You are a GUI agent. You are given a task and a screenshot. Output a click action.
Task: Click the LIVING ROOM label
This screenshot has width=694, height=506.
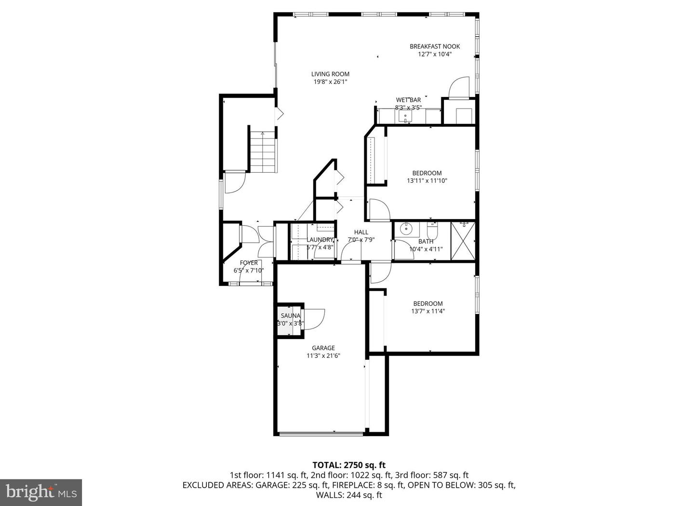(330, 74)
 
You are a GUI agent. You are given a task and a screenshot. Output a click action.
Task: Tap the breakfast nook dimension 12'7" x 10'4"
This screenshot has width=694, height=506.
(435, 55)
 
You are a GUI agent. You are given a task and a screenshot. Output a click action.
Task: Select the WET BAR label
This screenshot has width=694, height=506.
(408, 100)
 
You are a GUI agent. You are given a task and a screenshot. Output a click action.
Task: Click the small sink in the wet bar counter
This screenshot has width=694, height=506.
(405, 116)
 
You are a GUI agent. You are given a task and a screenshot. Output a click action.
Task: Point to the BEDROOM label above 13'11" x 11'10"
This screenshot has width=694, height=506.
(427, 173)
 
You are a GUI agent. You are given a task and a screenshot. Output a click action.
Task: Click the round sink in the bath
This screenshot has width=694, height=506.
(406, 229)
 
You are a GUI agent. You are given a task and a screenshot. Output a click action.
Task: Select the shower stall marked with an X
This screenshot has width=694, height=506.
(463, 240)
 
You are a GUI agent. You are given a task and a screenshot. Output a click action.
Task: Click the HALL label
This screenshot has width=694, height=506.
(361, 232)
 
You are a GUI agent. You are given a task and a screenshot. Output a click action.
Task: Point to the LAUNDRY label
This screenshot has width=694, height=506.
(320, 240)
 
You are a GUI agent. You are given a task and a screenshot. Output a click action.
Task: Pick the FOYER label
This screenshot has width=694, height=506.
(249, 263)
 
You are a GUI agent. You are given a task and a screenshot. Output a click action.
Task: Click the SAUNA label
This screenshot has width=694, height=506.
(291, 316)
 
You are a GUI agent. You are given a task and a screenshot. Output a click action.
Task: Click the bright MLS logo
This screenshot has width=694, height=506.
(40, 492)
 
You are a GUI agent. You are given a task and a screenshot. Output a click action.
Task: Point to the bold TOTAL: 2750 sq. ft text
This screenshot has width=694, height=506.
(349, 465)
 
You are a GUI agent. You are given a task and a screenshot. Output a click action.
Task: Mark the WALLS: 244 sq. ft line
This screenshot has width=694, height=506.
(349, 494)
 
